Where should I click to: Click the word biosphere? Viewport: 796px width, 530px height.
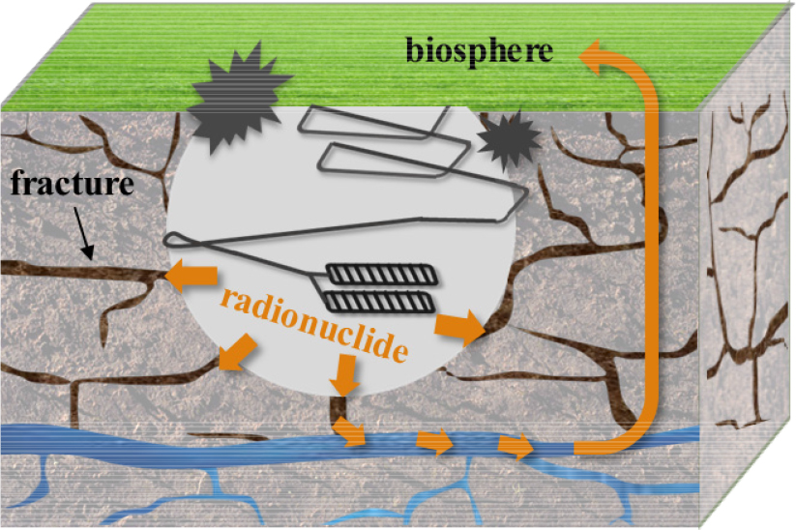479,52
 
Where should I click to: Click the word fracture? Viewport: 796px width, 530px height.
73,183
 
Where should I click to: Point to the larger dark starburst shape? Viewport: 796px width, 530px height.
238,98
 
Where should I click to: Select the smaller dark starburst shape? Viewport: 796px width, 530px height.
508,140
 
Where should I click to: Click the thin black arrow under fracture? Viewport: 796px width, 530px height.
84,232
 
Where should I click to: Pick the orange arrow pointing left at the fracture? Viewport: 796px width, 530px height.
192,276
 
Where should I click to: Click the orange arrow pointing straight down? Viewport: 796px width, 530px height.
344,374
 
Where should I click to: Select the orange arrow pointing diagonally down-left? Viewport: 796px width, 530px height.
238,352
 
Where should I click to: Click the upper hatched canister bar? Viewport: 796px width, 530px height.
381,274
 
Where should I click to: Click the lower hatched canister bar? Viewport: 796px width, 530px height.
380,302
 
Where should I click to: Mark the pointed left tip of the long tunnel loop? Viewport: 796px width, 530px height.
166,240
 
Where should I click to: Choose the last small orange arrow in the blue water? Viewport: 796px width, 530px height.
516,446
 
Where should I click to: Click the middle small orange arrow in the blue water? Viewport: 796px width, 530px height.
434,440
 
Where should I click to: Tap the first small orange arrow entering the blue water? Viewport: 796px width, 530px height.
349,430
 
